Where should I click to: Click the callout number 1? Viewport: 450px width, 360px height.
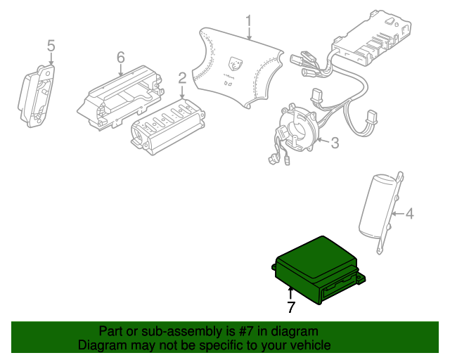click(248, 22)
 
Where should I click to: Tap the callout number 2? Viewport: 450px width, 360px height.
click(182, 78)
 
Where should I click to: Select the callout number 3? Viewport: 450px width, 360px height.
click(335, 143)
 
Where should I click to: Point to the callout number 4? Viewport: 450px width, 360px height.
click(409, 214)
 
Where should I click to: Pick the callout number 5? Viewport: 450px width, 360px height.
click(51, 46)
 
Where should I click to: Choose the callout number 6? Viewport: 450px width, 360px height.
click(121, 58)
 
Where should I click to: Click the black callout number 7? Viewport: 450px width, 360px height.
click(291, 307)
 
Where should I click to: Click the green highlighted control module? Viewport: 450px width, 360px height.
click(317, 270)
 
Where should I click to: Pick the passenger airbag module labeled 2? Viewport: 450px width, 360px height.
click(168, 127)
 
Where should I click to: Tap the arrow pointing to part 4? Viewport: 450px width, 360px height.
click(399, 214)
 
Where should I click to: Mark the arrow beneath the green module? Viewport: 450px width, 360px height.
click(290, 294)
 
